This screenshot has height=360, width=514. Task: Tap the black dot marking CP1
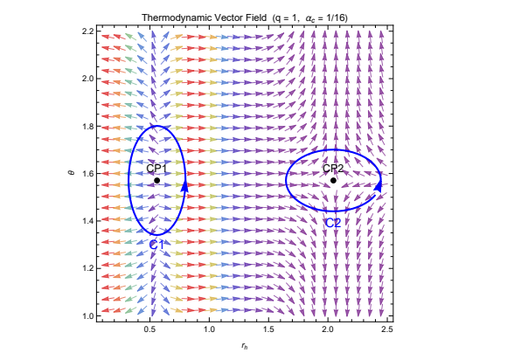(x=156, y=180)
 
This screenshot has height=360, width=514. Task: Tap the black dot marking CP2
(x=333, y=181)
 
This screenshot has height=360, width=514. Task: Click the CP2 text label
(x=334, y=169)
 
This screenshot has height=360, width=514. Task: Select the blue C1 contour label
(x=157, y=244)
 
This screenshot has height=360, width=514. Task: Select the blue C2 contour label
(x=333, y=223)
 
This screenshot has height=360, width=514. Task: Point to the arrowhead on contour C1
(x=184, y=184)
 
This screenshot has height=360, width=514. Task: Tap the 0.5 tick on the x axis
(x=150, y=329)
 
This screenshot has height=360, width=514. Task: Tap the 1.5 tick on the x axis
(x=268, y=329)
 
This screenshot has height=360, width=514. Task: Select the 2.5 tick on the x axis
(x=386, y=329)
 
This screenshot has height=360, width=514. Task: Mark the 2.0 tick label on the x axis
(x=328, y=329)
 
